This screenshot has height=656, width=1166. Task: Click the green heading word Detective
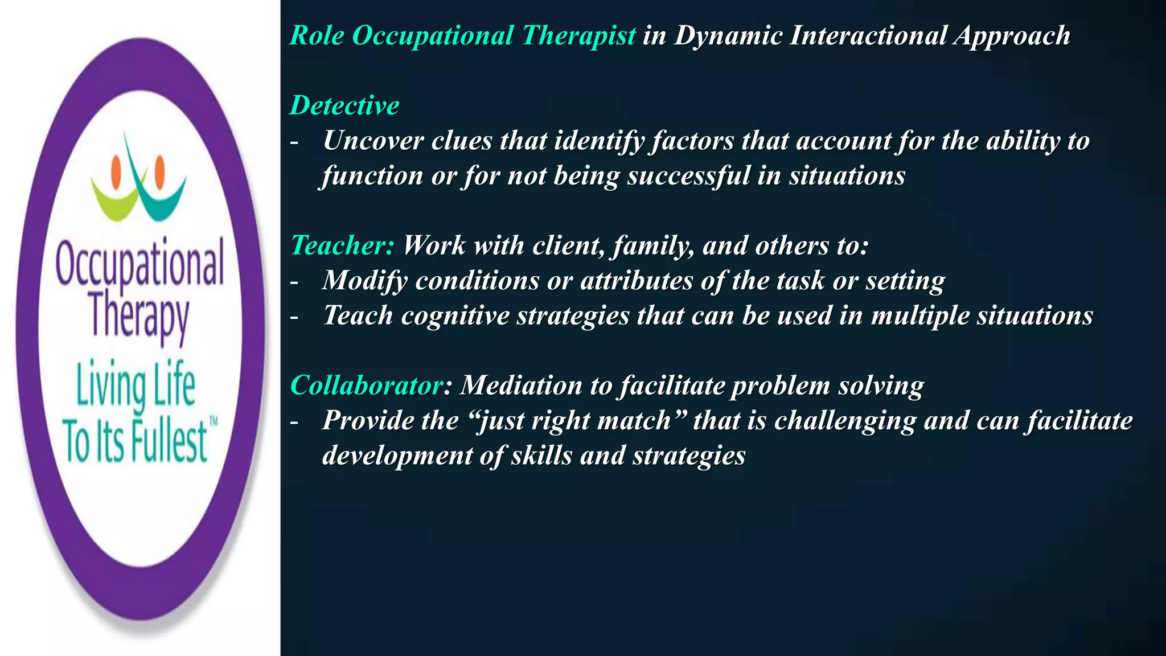click(x=344, y=105)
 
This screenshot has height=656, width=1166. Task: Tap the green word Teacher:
click(x=342, y=245)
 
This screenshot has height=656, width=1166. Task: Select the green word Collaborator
click(x=366, y=386)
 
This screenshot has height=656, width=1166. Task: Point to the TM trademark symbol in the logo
click(x=214, y=422)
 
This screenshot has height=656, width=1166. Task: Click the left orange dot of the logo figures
click(x=118, y=169)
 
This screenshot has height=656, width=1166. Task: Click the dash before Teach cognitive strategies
click(x=294, y=317)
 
